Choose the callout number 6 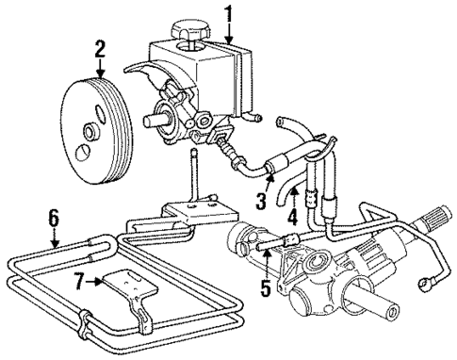(x=54, y=218)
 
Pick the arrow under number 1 (x=228, y=33)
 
